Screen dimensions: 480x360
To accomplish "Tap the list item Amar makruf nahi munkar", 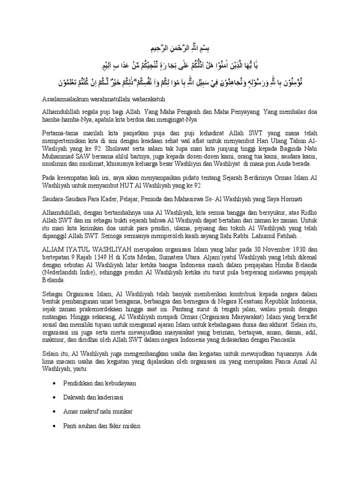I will (x=98, y=412).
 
